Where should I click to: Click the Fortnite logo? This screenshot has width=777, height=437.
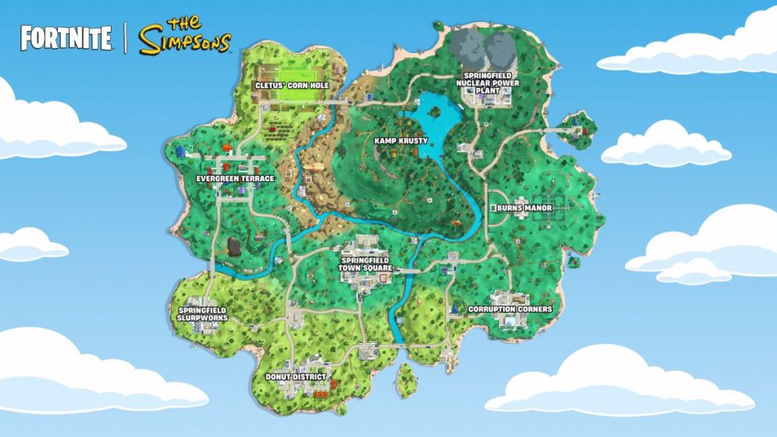66,38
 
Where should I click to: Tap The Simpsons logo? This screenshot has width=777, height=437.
184,36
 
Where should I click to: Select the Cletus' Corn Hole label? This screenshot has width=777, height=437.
292,86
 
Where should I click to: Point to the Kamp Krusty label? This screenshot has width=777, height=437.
401,140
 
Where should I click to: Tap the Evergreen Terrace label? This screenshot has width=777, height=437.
234,178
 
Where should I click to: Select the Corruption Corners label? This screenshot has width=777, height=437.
510,310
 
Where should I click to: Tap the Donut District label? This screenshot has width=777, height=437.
296,376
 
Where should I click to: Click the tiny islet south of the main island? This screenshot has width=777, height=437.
406,376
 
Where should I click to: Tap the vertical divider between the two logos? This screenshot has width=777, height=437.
124,38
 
